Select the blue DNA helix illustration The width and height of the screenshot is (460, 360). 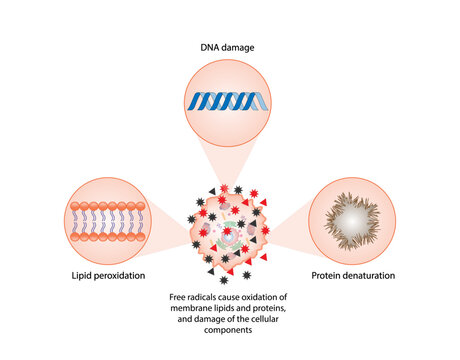tap(227, 100)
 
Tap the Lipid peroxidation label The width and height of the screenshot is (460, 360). tap(105, 273)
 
